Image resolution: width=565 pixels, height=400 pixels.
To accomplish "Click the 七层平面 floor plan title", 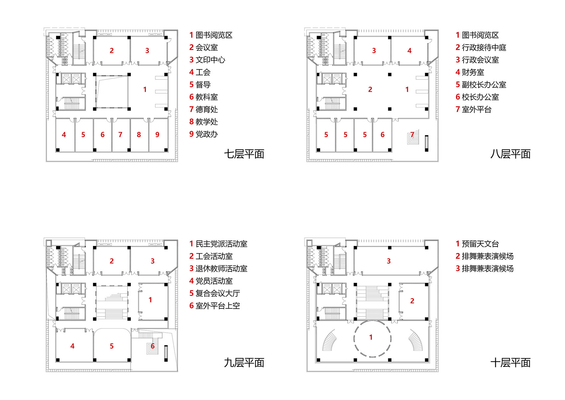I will point(244,154).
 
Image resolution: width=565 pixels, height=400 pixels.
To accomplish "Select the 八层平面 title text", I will point(510,154).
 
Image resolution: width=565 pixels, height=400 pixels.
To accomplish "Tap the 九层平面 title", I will point(244,362).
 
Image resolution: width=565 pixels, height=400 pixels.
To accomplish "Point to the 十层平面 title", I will point(510,362).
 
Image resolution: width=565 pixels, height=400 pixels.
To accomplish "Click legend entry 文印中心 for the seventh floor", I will point(207,60).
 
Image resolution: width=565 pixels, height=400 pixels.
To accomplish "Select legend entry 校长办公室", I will point(477,97).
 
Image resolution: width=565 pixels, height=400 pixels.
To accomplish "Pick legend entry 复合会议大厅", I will point(214,294).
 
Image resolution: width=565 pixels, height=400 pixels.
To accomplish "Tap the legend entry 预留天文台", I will point(477,244).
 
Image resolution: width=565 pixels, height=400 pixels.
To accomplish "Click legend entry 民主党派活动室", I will point(218,244).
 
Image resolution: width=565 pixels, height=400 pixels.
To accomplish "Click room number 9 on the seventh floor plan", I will point(157,135).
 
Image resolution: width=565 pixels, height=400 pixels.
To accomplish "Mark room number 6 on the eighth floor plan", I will point(383,135).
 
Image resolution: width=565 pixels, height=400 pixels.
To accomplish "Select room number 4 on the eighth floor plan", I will point(409,51).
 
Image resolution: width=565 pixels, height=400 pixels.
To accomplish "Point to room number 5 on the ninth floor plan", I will point(112,346).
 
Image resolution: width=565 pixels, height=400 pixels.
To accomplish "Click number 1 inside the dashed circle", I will point(371,337).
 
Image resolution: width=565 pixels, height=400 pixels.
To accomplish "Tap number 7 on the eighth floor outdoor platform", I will point(412,135).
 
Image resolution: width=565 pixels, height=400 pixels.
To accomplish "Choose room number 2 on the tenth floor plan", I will point(412,301).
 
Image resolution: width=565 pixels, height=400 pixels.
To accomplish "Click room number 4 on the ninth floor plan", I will point(72,346).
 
